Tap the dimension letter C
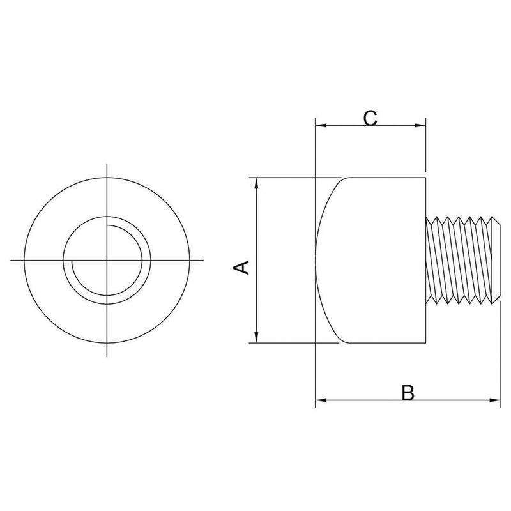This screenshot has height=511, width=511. click(x=371, y=118)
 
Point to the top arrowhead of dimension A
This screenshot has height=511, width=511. click(x=256, y=182)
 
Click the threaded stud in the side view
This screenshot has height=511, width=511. click(x=461, y=261)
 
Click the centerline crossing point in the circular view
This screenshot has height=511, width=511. click(x=107, y=260)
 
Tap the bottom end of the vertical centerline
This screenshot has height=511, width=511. click(x=107, y=356)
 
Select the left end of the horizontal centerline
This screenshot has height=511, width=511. click(x=11, y=260)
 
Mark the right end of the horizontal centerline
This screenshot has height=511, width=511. click(x=202, y=260)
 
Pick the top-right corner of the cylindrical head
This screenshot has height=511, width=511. click(x=425, y=177)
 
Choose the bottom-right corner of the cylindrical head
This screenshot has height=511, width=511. click(x=425, y=344)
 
